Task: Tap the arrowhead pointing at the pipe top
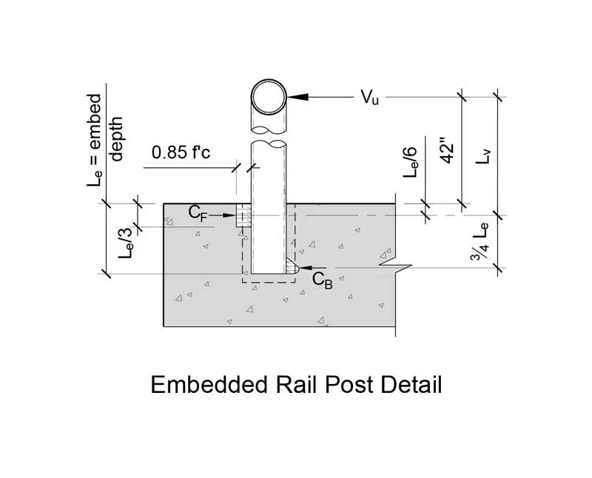294,96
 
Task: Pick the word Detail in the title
411,386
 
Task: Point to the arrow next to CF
221,215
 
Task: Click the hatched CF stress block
243,218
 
